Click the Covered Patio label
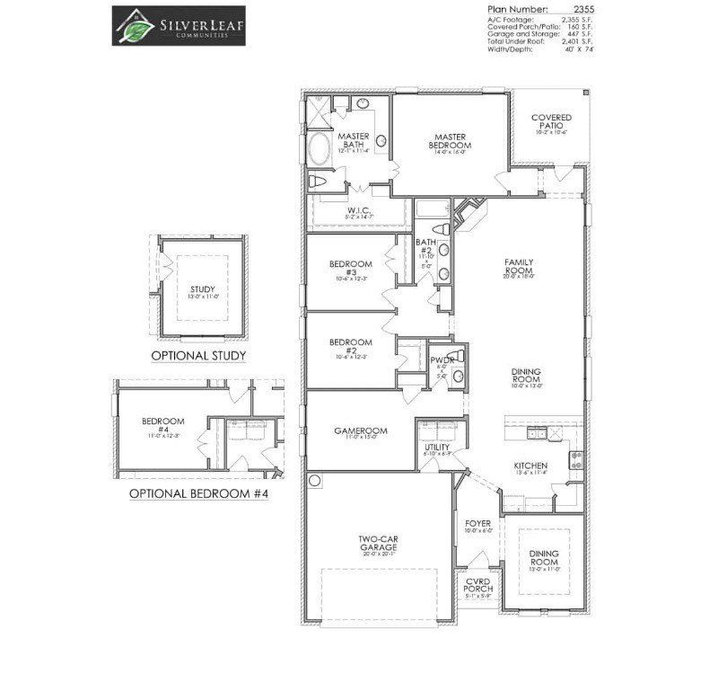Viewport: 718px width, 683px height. [551, 122]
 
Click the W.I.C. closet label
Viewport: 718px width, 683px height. [360, 211]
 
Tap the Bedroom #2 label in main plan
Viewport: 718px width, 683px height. [349, 346]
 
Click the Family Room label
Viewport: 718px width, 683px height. [519, 265]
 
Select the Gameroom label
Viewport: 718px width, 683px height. [361, 431]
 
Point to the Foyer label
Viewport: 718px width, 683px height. [477, 523]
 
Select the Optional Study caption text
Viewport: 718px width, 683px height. [198, 356]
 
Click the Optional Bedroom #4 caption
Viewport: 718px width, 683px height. [198, 493]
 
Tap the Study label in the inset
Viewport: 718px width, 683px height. [203, 289]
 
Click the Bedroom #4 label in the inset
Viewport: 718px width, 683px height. [162, 425]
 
